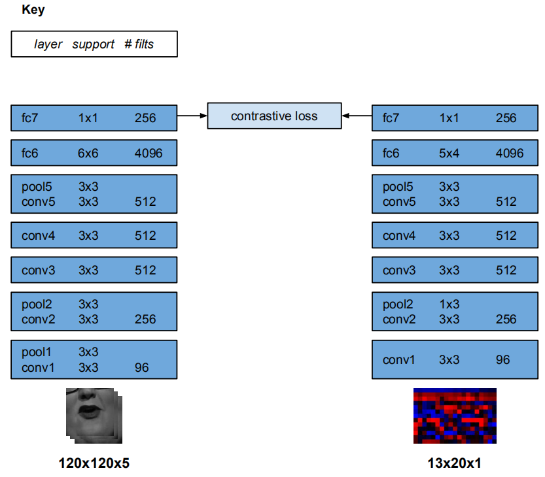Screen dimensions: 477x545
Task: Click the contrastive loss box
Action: pyautogui.click(x=274, y=116)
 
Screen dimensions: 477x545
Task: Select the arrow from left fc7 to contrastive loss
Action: pyautogui.click(x=192, y=116)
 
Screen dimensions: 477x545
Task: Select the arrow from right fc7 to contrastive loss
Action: pyautogui.click(x=356, y=116)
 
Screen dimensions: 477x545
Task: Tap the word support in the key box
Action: pyautogui.click(x=92, y=44)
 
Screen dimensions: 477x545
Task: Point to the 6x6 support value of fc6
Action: pyautogui.click(x=88, y=154)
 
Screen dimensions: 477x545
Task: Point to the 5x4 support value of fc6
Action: pyautogui.click(x=449, y=154)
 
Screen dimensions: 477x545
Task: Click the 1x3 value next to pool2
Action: pyautogui.click(x=449, y=304)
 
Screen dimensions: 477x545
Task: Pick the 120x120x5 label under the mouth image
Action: pyautogui.click(x=94, y=463)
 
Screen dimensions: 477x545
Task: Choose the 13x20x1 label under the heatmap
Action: pyautogui.click(x=455, y=463)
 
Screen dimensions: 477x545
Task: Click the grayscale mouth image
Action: pyautogui.click(x=93, y=415)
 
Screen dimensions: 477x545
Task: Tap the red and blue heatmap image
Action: pyautogui.click(x=455, y=416)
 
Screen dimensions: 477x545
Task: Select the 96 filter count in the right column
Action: pyautogui.click(x=502, y=359)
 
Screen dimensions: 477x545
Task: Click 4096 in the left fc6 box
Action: pyautogui.click(x=149, y=154)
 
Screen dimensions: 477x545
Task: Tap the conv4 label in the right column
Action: pyautogui.click(x=399, y=236)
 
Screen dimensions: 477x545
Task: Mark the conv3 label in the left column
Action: pyautogui.click(x=38, y=270)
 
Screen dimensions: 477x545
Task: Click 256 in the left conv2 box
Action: pyautogui.click(x=145, y=319)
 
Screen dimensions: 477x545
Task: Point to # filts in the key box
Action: pyautogui.click(x=139, y=44)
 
